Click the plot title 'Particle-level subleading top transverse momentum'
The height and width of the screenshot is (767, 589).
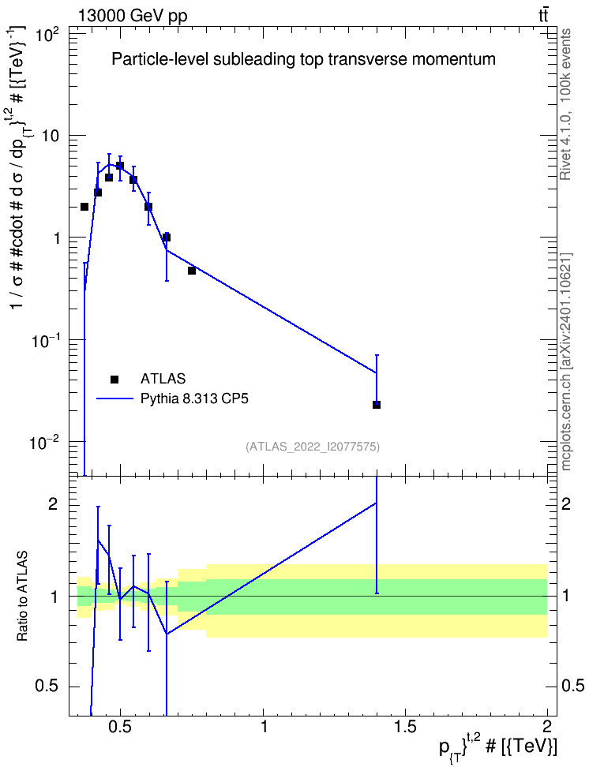303,59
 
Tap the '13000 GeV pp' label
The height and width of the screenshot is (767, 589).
132,16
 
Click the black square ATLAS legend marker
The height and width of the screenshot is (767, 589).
114,379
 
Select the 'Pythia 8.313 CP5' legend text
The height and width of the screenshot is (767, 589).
194,398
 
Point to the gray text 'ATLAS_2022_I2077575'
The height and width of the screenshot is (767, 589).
313,446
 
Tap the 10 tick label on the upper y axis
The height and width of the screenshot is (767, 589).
51,136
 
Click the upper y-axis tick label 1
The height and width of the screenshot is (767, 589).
56,238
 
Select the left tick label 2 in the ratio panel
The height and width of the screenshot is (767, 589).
53,504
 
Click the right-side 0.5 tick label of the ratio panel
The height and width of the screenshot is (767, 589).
572,686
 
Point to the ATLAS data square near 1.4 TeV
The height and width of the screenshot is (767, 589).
377,405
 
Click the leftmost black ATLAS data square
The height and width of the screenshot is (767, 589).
84,207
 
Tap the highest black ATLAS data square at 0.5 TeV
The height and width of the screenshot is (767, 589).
120,166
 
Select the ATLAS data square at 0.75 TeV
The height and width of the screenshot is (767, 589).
191,271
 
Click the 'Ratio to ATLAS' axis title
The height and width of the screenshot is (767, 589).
22,597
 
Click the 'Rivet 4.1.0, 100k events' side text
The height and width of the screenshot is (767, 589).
565,104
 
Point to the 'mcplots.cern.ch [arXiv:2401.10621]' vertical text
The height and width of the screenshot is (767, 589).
565,361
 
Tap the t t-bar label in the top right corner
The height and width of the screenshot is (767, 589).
543,15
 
